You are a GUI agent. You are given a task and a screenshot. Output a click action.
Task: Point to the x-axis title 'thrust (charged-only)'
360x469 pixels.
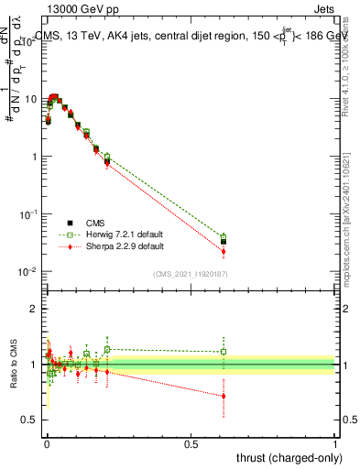(283, 457)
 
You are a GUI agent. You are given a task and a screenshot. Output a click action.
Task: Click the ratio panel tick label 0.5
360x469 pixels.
(31, 420)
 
